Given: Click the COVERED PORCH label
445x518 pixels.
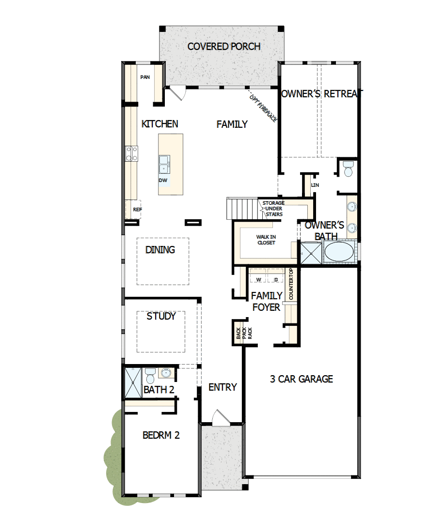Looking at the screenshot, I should [x=224, y=46].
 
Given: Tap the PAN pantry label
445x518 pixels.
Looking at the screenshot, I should [x=144, y=77].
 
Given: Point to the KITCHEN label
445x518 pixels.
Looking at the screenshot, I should [x=159, y=124].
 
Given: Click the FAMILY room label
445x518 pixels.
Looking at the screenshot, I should [x=232, y=124].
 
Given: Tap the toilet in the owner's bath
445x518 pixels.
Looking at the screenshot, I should [x=348, y=169].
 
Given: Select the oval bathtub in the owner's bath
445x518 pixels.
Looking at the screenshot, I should [x=339, y=252].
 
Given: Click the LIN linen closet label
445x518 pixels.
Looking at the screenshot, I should [x=315, y=185].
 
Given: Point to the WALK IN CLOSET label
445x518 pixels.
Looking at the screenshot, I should [x=266, y=240].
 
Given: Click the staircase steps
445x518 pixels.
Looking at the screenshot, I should [x=241, y=208].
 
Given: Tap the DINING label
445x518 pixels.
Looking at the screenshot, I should [x=160, y=250].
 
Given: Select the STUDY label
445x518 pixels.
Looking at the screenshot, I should [x=161, y=316].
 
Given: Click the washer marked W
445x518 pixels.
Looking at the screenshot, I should [x=258, y=279].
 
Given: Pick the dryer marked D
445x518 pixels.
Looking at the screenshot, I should [x=276, y=279].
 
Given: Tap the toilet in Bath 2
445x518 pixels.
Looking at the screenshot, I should [x=150, y=375].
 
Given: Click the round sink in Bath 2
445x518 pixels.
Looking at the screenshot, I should [x=166, y=373].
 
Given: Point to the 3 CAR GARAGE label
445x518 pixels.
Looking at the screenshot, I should [x=301, y=379].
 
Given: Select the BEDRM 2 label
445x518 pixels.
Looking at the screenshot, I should [x=161, y=435].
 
